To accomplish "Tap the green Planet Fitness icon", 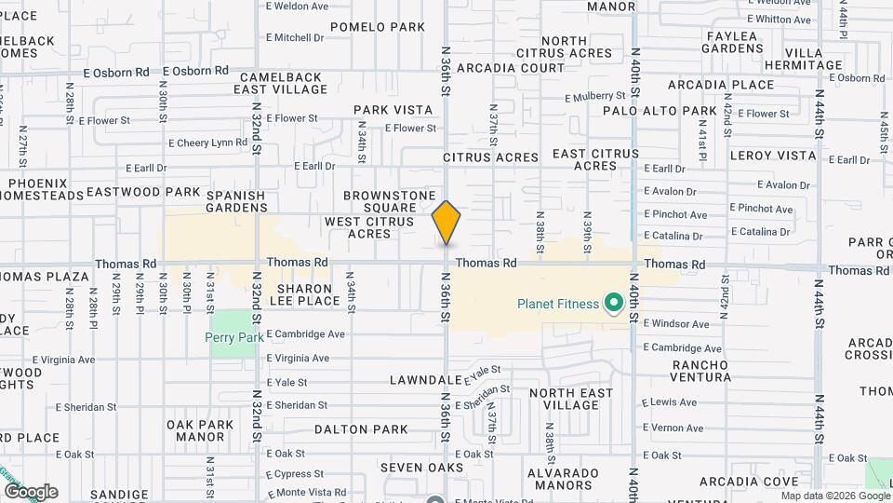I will [x=613, y=303].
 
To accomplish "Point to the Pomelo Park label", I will [x=377, y=27].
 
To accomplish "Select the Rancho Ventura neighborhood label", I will [x=701, y=370].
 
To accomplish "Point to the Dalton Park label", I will [x=361, y=429].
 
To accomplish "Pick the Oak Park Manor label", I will [x=200, y=430].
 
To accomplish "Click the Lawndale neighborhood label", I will [x=426, y=380].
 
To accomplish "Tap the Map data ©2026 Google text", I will [x=834, y=496].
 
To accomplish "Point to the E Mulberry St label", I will [x=595, y=96].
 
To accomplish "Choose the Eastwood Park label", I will [x=143, y=193].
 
